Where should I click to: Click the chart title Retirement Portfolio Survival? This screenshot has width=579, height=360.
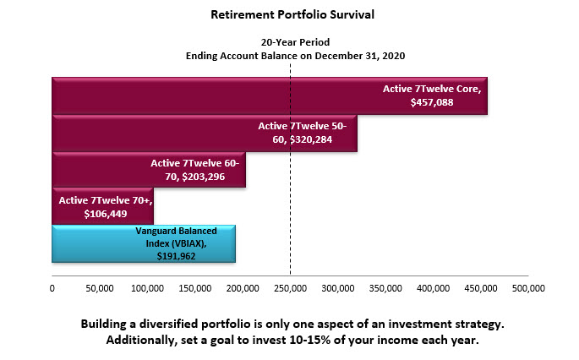[x=292, y=14]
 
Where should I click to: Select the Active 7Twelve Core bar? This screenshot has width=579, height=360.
[x=270, y=96]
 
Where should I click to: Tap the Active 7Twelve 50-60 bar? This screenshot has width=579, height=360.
[x=205, y=134]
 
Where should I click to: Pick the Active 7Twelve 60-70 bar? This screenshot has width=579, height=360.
[x=149, y=170]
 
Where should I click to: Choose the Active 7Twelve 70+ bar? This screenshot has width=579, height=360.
[x=102, y=206]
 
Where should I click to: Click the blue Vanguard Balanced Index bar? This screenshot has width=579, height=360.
[x=144, y=243]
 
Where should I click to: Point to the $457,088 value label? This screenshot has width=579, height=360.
[x=432, y=102]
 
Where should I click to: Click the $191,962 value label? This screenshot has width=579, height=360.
[x=176, y=256]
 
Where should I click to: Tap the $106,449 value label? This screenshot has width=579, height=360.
[x=106, y=214]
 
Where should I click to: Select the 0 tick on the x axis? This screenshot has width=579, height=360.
[x=52, y=288]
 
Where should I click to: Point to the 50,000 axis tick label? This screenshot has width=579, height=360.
[x=100, y=288]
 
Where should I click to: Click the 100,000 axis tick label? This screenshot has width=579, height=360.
[x=147, y=288]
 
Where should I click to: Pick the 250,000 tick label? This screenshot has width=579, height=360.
[x=290, y=288]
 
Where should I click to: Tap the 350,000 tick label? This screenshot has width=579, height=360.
[x=385, y=288]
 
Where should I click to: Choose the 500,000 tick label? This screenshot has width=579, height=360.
[x=528, y=288]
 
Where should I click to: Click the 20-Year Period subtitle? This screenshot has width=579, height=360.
[x=295, y=42]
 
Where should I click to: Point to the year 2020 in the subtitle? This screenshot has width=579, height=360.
[x=394, y=56]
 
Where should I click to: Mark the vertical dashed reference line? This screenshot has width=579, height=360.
[x=290, y=169]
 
